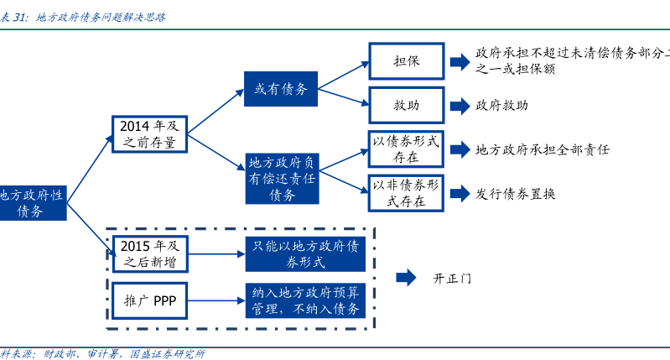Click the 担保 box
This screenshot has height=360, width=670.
pyautogui.click(x=406, y=61)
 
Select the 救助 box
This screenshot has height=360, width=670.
pyautogui.click(x=406, y=106)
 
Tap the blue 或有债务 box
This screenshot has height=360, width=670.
pyautogui.click(x=281, y=88)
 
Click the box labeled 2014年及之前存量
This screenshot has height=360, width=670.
pyautogui.click(x=148, y=133)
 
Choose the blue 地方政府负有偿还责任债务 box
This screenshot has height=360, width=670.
pyautogui.click(x=282, y=178)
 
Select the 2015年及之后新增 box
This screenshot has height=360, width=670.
pyautogui.click(x=149, y=253)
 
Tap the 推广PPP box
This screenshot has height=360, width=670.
pyautogui.click(x=149, y=300)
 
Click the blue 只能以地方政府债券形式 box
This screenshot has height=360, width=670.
pyautogui.click(x=305, y=253)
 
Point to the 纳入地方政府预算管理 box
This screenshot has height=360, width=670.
pyautogui.click(x=305, y=300)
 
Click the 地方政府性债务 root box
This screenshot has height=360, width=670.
pyautogui.click(x=32, y=202)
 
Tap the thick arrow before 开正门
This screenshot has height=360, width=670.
pyautogui.click(x=406, y=277)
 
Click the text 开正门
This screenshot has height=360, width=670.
pyautogui.click(x=452, y=278)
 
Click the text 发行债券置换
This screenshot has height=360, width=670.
pyautogui.click(x=515, y=193)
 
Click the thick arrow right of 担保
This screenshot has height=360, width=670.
pyautogui.click(x=459, y=61)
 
